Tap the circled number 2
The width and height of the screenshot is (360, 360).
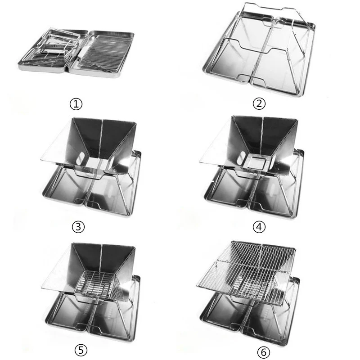[x=259, y=104]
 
